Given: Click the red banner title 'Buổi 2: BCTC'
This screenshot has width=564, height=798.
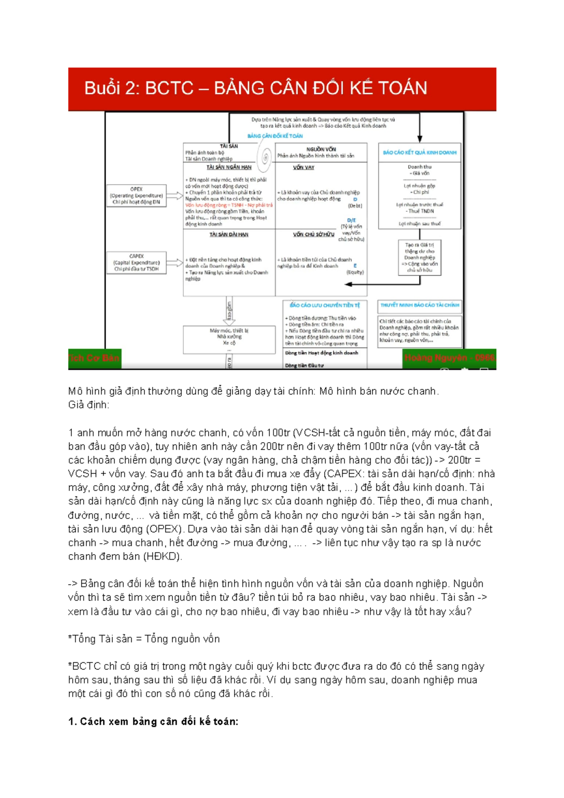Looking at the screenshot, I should pyautogui.click(x=256, y=88).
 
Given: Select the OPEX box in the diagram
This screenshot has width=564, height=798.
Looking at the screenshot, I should pyautogui.click(x=136, y=196).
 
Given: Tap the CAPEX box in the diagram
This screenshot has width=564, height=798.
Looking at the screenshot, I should pyautogui.click(x=136, y=263).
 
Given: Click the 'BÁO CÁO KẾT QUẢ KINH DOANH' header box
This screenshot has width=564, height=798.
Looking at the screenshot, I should pyautogui.click(x=419, y=153).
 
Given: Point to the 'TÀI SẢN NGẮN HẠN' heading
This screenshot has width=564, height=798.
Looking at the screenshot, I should pyautogui.click(x=229, y=167).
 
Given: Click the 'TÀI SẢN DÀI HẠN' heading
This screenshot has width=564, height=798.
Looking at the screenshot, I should pyautogui.click(x=229, y=235).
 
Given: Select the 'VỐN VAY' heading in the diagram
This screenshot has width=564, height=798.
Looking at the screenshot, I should pyautogui.click(x=303, y=168).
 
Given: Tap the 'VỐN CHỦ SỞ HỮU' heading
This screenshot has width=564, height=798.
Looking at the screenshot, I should pyautogui.click(x=313, y=235).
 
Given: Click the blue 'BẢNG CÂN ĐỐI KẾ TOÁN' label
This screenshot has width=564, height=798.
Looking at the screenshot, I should pyautogui.click(x=275, y=136).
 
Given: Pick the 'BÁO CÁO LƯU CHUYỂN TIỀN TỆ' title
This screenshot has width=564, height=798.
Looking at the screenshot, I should pyautogui.click(x=325, y=305).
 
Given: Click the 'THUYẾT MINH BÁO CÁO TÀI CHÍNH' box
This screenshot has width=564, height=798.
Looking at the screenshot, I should pyautogui.click(x=419, y=305).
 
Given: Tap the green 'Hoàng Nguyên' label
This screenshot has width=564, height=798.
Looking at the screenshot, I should pyautogui.click(x=449, y=358).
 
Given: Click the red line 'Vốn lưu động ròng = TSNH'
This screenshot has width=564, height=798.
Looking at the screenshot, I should pyautogui.click(x=228, y=205).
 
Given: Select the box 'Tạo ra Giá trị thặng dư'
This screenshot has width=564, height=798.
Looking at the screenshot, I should pyautogui.click(x=419, y=258).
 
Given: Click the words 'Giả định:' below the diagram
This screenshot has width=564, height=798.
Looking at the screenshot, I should pyautogui.click(x=88, y=405).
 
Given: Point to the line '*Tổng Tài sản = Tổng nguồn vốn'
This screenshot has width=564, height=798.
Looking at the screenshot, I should pyautogui.click(x=144, y=639).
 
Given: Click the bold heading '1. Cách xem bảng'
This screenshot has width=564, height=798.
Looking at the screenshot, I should pyautogui.click(x=153, y=722).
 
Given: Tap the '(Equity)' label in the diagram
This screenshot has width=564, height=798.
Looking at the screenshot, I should pyautogui.click(x=355, y=273).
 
